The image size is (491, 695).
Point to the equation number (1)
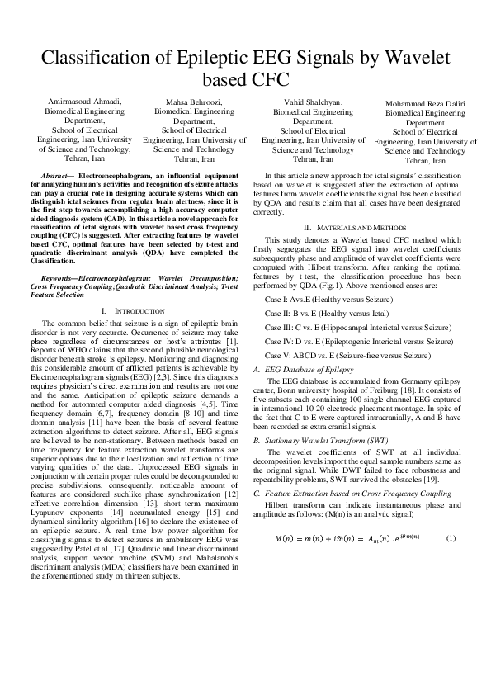[451, 538]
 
